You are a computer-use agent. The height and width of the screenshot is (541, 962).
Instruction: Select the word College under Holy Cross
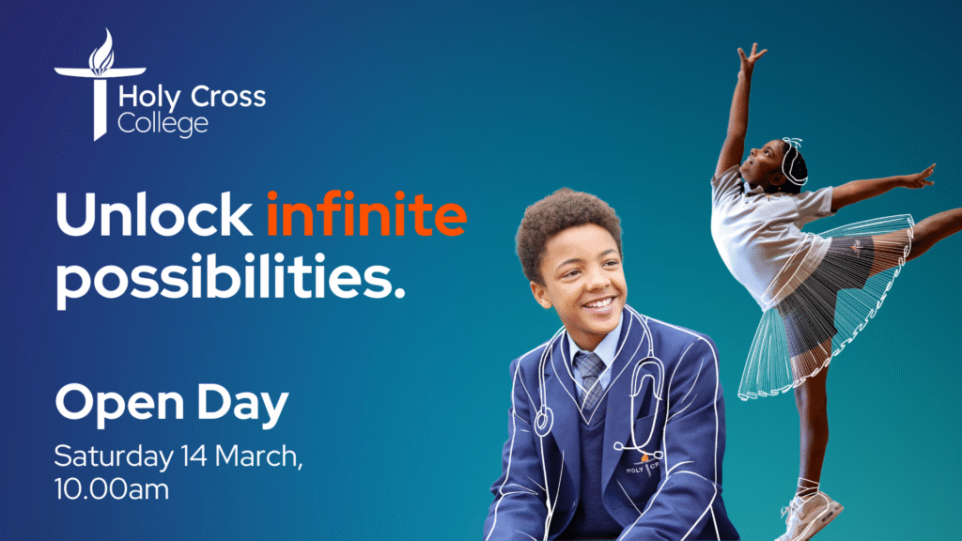pos(163,124)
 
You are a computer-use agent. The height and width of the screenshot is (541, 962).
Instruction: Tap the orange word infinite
pos(365,215)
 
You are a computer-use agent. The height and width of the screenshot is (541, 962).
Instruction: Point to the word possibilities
pos(229,279)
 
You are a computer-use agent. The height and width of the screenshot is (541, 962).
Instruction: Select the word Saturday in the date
pos(113,456)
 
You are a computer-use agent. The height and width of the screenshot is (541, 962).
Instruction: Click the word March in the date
pos(258,456)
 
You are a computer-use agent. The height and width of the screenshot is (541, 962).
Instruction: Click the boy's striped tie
pos(591,376)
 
